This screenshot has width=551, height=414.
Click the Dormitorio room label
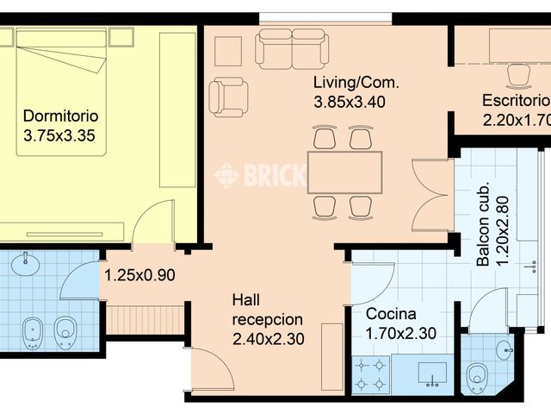pyautogui.click(x=60, y=116)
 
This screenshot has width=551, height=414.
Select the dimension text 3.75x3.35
pyautogui.click(x=61, y=135)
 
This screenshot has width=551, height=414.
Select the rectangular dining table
pyautogui.click(x=344, y=172)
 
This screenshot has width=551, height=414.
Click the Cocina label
pyautogui.click(x=391, y=314)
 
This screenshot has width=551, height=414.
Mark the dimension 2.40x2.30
pyautogui.click(x=268, y=339)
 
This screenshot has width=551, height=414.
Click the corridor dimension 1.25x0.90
pyautogui.click(x=140, y=276)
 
